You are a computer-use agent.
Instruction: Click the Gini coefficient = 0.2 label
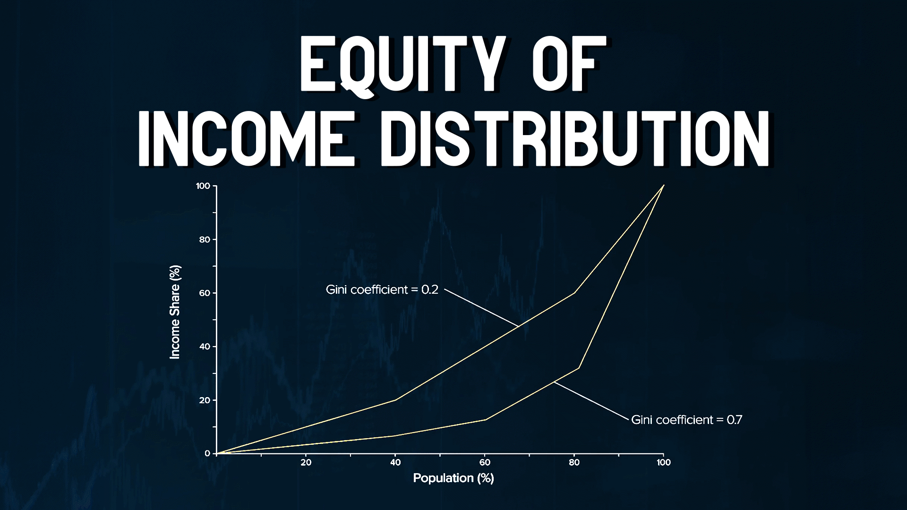coord(382,289)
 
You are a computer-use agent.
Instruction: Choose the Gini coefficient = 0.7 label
coord(687,420)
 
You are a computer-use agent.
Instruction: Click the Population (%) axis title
coord(453,478)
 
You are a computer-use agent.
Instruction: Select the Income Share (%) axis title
coord(175,312)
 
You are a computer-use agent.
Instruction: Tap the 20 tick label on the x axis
coord(306,462)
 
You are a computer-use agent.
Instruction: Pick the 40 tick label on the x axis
coord(395,462)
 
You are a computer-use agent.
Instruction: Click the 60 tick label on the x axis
coord(485,462)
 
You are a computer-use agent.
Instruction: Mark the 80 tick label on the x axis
coord(574,462)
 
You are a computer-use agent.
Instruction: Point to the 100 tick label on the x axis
coord(664,462)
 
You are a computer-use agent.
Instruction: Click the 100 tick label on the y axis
coord(203,186)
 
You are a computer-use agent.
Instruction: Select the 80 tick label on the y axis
coord(204,239)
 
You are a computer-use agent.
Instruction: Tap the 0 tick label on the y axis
coord(207,453)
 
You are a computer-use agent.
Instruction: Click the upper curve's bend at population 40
coord(396,400)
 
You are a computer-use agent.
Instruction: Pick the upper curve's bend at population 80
coord(574,293)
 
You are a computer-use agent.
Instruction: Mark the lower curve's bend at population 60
coord(485,419)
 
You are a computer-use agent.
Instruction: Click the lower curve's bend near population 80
coord(579,368)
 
